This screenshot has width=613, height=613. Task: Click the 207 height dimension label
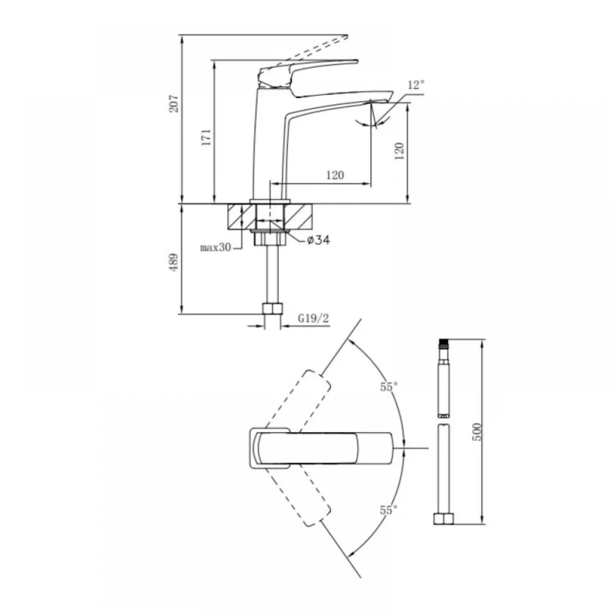tap(173, 103)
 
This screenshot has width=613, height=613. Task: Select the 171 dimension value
tap(206, 137)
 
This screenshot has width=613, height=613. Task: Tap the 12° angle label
tap(416, 85)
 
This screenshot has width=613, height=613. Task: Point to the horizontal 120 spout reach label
tap(335, 175)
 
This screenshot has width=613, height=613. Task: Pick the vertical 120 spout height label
tap(399, 151)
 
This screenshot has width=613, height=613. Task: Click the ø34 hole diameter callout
tap(318, 240)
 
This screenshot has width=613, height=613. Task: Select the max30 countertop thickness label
tap(215, 247)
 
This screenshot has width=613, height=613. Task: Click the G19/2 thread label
tap(313, 318)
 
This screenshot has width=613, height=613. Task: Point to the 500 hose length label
tap(477, 432)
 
